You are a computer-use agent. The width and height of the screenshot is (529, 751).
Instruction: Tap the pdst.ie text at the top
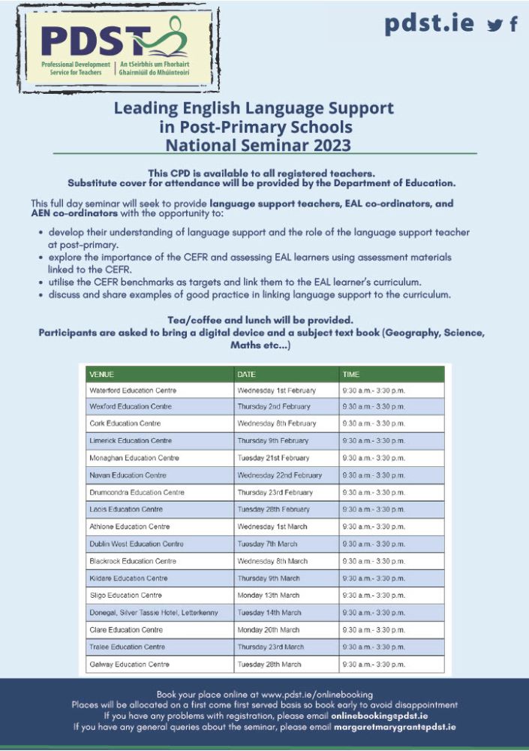pyautogui.click(x=429, y=23)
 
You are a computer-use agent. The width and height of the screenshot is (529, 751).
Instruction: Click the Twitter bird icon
pyautogui.click(x=494, y=25)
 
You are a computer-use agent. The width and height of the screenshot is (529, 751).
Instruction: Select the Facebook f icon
pyautogui.click(x=513, y=24)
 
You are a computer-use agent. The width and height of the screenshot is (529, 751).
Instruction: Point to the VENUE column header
pyautogui.click(x=102, y=374)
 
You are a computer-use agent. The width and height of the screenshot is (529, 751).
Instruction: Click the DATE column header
pyautogui.click(x=247, y=374)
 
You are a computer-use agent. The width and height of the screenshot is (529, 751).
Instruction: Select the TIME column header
pyautogui.click(x=351, y=374)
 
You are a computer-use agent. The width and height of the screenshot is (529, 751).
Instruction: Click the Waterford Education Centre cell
pyautogui.click(x=133, y=391)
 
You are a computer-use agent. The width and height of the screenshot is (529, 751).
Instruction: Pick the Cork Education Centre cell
pyautogui.click(x=125, y=424)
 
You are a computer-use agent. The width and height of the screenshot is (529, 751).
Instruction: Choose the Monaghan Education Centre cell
pyautogui.click(x=134, y=458)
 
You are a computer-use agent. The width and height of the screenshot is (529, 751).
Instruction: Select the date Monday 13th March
pyautogui.click(x=268, y=596)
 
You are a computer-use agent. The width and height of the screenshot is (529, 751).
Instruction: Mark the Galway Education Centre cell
pyautogui.click(x=129, y=665)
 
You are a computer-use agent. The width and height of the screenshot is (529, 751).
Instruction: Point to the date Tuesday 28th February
pyautogui.click(x=273, y=509)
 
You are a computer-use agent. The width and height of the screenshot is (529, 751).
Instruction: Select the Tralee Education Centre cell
pyautogui.click(x=127, y=647)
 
